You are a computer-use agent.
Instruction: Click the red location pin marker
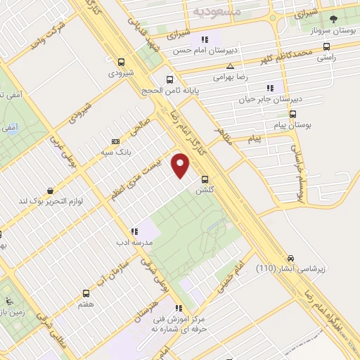pyautogui.click(x=182, y=166)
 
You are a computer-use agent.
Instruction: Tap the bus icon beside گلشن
pyautogui.click(x=205, y=179)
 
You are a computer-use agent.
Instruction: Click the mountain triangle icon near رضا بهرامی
pyautogui.click(x=219, y=65)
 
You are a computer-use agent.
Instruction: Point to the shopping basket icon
pyautogui.click(x=50, y=191)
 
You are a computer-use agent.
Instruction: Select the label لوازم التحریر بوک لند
pyautogui.click(x=51, y=202)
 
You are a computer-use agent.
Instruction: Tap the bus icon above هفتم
pyautogui.click(x=86, y=293)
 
